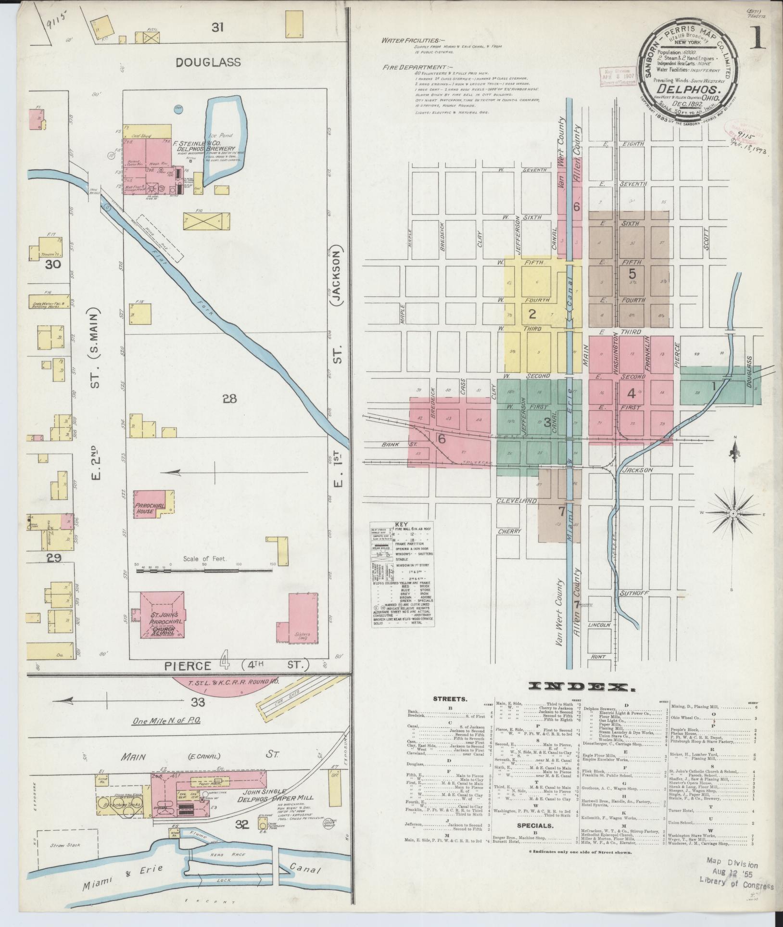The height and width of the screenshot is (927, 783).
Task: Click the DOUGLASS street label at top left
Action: [x=215, y=62]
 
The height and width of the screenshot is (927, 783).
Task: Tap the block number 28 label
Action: [x=230, y=398]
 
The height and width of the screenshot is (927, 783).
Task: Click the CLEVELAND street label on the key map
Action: [x=517, y=500]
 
